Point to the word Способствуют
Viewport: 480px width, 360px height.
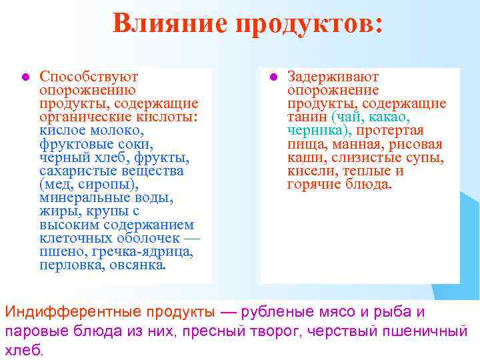click(x=89, y=76)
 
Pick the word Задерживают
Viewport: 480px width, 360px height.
click(x=333, y=76)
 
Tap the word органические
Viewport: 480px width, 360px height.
click(x=79, y=117)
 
